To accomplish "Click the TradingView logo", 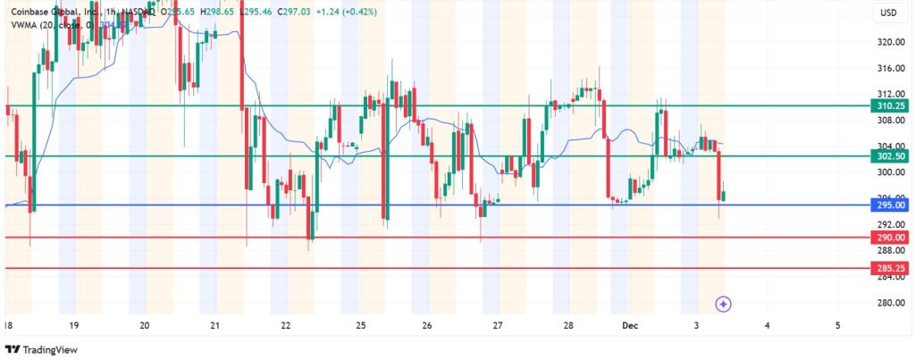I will pyautogui.click(x=40, y=348).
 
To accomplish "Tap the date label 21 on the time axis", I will pyautogui.click(x=214, y=325).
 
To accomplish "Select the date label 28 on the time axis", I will pyautogui.click(x=568, y=325).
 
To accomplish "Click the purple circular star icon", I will pyautogui.click(x=724, y=304).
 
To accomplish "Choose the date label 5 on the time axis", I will pyautogui.click(x=837, y=325).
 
